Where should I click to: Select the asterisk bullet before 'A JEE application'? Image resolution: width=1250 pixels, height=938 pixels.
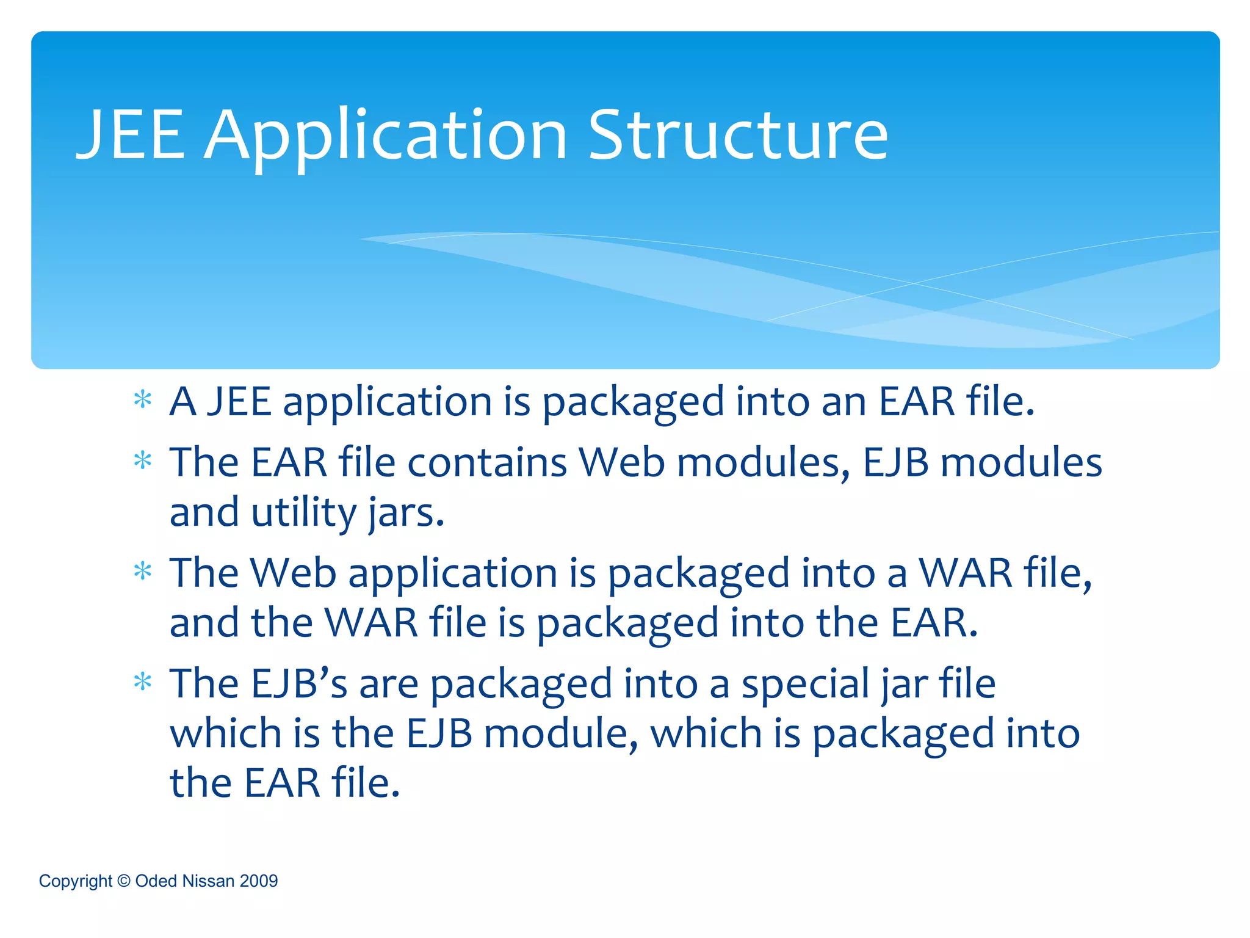click(x=143, y=401)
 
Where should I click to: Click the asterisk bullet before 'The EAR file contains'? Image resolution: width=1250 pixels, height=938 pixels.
click(x=143, y=460)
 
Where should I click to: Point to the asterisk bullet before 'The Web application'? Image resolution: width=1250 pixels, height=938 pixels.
click(x=143, y=572)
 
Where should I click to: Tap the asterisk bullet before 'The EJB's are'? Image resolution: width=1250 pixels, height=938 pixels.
click(x=143, y=682)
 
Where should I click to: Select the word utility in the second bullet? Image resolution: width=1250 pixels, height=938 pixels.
click(x=303, y=513)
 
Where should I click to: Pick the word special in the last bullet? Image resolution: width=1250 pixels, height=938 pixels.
click(x=806, y=685)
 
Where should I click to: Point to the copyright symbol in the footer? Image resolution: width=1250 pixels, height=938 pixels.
click(x=124, y=881)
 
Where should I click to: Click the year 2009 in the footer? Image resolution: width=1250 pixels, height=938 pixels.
click(x=259, y=881)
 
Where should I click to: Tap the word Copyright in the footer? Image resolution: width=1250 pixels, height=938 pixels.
click(x=76, y=881)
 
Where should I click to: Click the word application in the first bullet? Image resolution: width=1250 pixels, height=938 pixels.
click(x=387, y=403)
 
